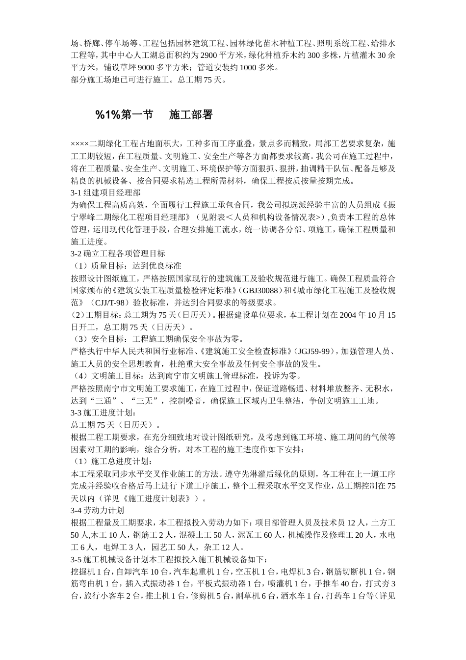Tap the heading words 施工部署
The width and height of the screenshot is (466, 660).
[191, 115]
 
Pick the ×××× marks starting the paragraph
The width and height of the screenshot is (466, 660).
[79, 144]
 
